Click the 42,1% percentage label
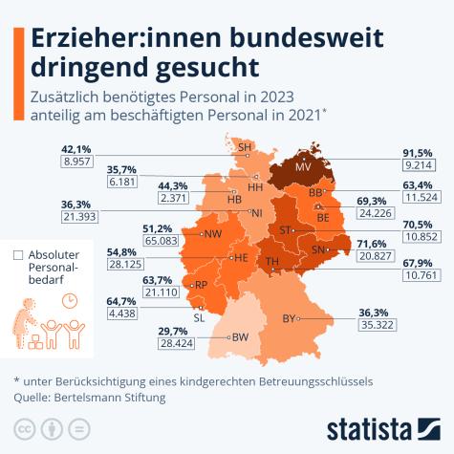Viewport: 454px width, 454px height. tap(76, 149)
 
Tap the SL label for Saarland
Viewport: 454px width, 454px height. tap(199, 317)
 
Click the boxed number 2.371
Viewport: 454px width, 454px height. tap(188, 198)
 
